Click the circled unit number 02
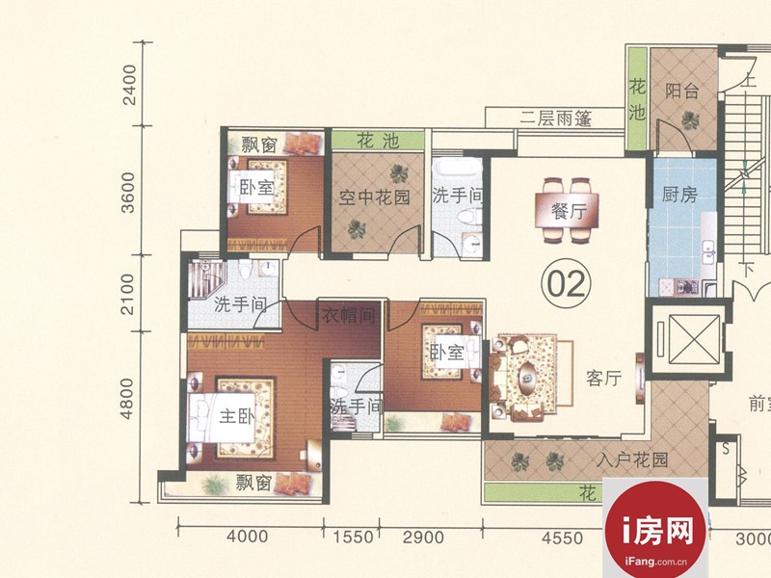pyautogui.click(x=566, y=283)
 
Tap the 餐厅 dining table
pyautogui.click(x=567, y=210)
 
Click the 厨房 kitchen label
pyautogui.click(x=679, y=195)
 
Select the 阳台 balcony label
pyautogui.click(x=681, y=91)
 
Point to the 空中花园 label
pyautogui.click(x=374, y=197)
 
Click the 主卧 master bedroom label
pyautogui.click(x=236, y=416)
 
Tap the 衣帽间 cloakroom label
pyautogui.click(x=348, y=315)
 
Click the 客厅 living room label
pyautogui.click(x=604, y=378)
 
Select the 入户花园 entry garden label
pyautogui.click(x=632, y=460)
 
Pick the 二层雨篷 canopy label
pyautogui.click(x=556, y=118)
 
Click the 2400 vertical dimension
pyautogui.click(x=129, y=85)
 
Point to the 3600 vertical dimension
pyautogui.click(x=127, y=192)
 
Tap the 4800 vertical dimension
pyautogui.click(x=127, y=399)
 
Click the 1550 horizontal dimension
pyautogui.click(x=353, y=537)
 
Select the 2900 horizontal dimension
pyautogui.click(x=423, y=538)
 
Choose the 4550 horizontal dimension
pyautogui.click(x=562, y=539)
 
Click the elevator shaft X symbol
pyautogui.click(x=687, y=339)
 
